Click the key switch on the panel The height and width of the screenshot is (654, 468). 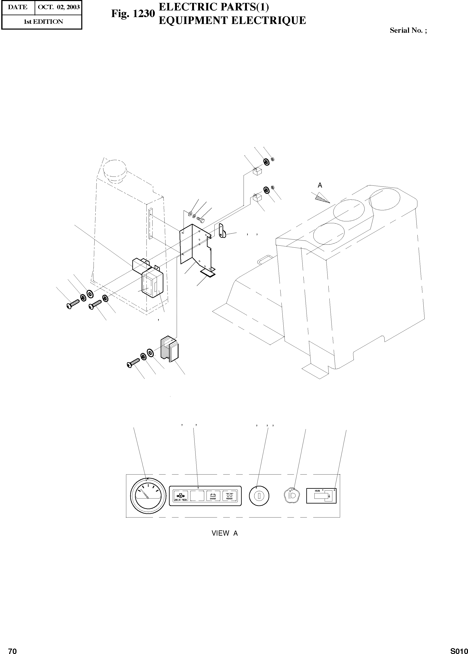click(259, 496)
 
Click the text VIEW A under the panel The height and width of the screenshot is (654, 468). click(224, 533)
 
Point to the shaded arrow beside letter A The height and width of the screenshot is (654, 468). click(322, 198)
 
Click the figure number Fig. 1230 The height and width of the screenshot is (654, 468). click(133, 14)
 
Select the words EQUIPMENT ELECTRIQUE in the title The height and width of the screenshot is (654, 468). click(232, 20)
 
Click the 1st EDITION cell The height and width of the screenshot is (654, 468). click(43, 22)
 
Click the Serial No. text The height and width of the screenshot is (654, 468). click(408, 30)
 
